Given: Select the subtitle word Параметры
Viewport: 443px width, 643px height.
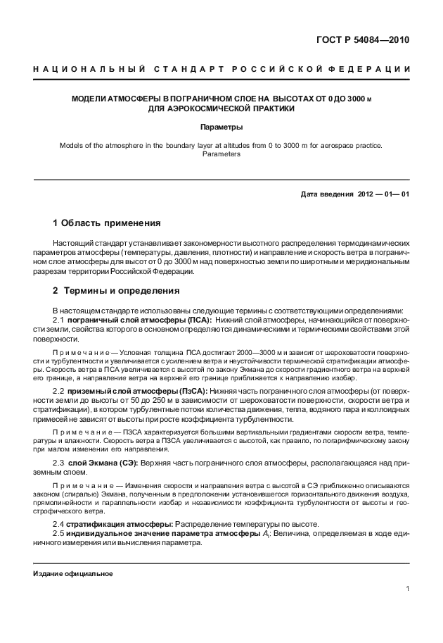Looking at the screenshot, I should (x=222, y=127).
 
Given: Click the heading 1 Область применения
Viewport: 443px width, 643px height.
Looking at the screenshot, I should (x=107, y=223).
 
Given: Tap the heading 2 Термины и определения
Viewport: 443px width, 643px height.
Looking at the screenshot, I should (x=111, y=290).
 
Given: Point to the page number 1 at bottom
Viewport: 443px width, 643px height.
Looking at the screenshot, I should (x=407, y=588).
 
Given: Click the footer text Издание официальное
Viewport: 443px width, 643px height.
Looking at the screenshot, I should (x=73, y=573).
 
